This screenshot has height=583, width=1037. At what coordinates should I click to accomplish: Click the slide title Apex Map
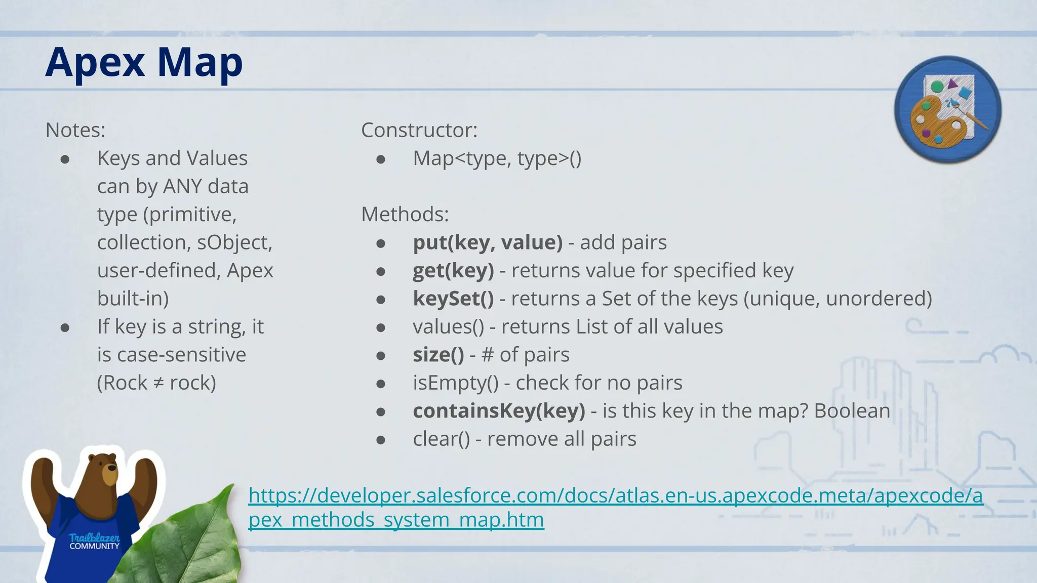tap(144, 63)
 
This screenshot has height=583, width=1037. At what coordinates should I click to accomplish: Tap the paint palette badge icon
tap(947, 109)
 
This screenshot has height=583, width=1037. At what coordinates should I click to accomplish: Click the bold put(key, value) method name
tap(488, 242)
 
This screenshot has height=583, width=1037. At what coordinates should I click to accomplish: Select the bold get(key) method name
tap(453, 271)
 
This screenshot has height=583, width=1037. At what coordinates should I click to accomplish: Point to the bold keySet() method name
tap(453, 299)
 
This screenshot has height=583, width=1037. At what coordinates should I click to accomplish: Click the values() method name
tap(448, 327)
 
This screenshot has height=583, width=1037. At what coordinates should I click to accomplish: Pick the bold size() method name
tap(438, 355)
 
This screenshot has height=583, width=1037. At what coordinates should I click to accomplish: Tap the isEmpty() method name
tap(455, 383)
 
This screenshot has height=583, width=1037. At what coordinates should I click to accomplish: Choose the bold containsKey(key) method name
tap(499, 411)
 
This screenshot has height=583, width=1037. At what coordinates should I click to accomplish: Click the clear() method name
tap(441, 439)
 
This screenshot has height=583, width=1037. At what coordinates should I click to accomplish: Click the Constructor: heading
tap(419, 131)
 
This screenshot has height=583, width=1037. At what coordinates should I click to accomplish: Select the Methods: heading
tap(405, 215)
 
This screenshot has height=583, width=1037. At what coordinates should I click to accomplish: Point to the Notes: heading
tap(75, 131)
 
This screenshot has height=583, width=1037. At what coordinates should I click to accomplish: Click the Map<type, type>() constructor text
tap(497, 158)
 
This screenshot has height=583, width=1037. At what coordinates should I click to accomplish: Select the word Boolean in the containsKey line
tap(852, 411)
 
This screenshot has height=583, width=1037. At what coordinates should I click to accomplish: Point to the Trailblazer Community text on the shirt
tap(95, 542)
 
